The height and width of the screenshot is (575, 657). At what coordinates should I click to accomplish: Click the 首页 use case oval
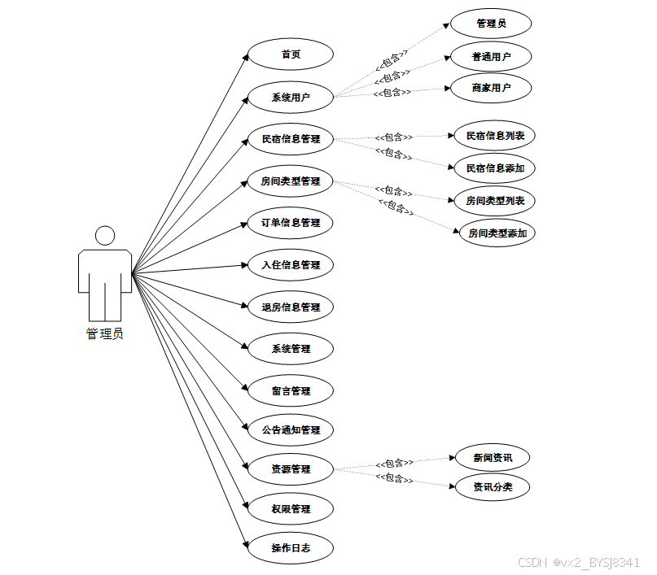pos(291,54)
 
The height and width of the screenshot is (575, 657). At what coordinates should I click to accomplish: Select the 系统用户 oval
pos(291,98)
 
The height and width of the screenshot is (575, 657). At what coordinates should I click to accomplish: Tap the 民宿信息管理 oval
pos(291,139)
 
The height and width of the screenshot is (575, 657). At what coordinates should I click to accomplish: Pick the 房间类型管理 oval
pos(291,181)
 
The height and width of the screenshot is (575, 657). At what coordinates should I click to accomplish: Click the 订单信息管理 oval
pos(291,223)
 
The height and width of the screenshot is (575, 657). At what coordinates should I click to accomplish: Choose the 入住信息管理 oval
pos(291,265)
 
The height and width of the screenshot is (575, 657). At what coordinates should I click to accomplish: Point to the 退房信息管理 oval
pos(291,307)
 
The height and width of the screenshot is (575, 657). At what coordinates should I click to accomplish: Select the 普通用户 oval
pos(491,57)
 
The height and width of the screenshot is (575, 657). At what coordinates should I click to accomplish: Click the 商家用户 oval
pos(491,88)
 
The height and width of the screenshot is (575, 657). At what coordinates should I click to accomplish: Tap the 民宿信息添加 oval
pos(495,168)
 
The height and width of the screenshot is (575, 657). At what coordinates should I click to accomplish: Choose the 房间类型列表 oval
pos(495,200)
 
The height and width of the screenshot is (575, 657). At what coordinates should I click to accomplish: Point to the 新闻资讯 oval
pos(493,457)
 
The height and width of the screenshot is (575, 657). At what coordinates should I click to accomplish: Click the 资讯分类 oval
pos(493,487)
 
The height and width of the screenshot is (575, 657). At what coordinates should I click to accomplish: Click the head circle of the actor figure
pos(105,236)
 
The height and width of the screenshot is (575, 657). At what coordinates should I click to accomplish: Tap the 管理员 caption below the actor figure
pos(105,333)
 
